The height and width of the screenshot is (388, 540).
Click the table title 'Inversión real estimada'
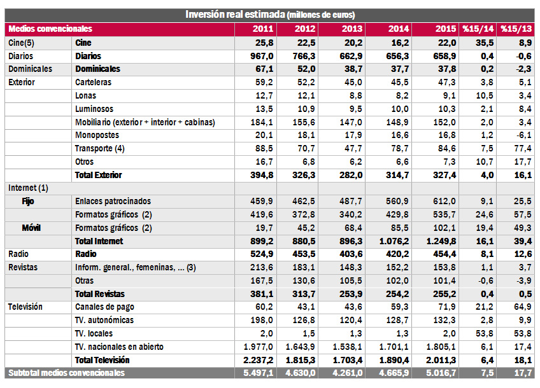pyautogui.click(x=235, y=15)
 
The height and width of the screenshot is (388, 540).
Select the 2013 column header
pyautogui.click(x=352, y=29)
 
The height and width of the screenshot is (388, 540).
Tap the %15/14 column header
pyautogui.click(x=478, y=29)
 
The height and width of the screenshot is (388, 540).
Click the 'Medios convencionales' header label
pyautogui.click(x=50, y=29)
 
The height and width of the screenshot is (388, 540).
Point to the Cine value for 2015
pyautogui.click(x=446, y=43)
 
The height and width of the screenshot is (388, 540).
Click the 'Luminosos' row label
pyautogui.click(x=94, y=109)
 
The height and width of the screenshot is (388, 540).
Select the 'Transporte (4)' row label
pyautogui.click(x=100, y=149)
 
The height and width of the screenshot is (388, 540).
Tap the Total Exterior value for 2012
pyautogui.click(x=304, y=175)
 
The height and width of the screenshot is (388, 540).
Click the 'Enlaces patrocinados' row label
pyautogui.click(x=113, y=201)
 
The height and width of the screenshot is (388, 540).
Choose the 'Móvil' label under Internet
pyautogui.click(x=31, y=228)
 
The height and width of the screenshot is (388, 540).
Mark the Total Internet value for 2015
pyautogui.click(x=441, y=242)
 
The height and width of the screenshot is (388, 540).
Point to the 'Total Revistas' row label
pyautogui.click(x=100, y=294)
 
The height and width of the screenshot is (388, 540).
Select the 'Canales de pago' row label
pyautogui.click(x=104, y=307)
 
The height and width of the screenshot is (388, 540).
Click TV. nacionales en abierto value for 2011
pyautogui.click(x=259, y=347)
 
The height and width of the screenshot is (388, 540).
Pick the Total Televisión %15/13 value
pyautogui.click(x=523, y=360)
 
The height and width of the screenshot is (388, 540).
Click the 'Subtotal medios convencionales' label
pyautogui.click(x=66, y=373)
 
